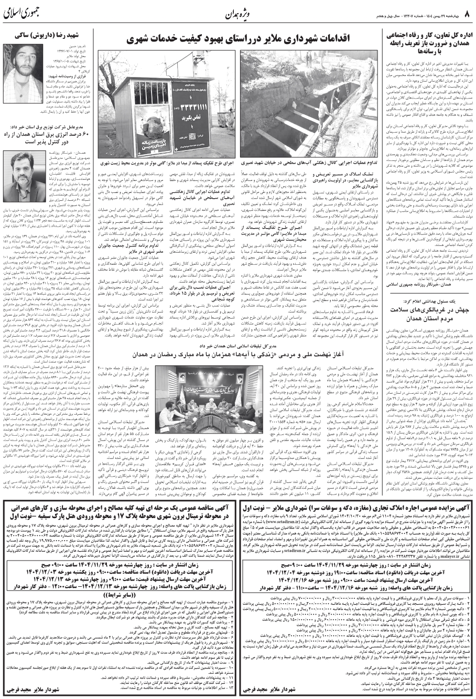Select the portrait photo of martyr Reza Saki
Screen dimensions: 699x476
point(25,64)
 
